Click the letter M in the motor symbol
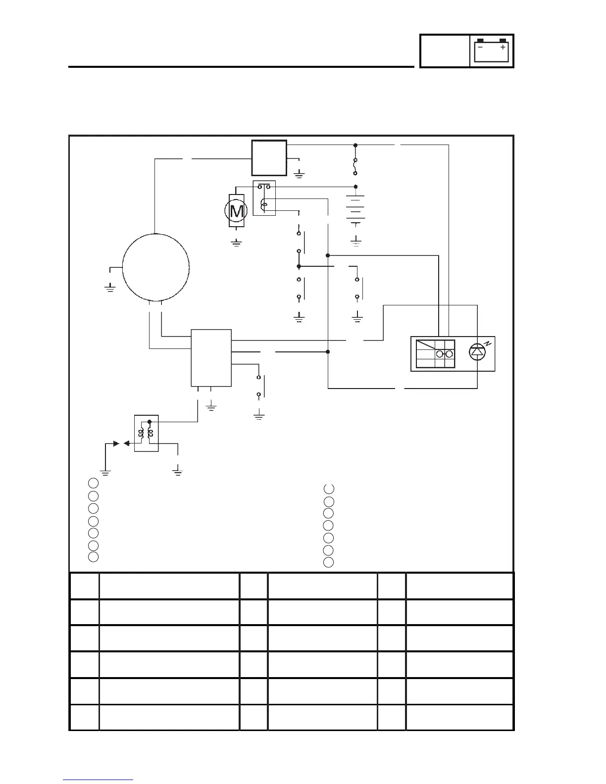coord(237,211)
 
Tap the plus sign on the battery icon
coord(503,48)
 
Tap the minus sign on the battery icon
coord(480,48)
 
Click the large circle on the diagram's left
coord(155,267)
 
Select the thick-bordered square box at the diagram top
coord(269,158)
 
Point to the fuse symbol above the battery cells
coord(355,167)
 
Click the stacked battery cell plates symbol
coord(355,207)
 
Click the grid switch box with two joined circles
coord(435,353)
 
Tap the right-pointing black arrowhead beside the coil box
coord(116,443)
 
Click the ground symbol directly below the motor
coord(236,243)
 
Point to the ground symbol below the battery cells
coord(355,242)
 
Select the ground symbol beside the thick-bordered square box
coord(299,174)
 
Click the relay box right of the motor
coord(264,198)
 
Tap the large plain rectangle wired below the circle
coord(211,357)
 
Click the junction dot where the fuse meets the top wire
coord(355,145)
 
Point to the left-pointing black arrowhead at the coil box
coord(126,443)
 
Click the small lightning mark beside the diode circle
coord(487,343)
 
